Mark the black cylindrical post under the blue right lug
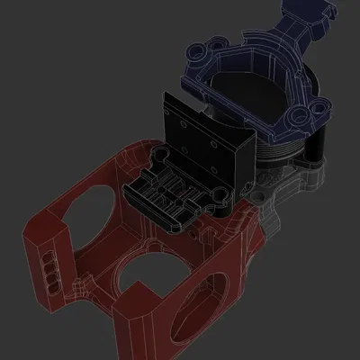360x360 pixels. click(315, 144)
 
